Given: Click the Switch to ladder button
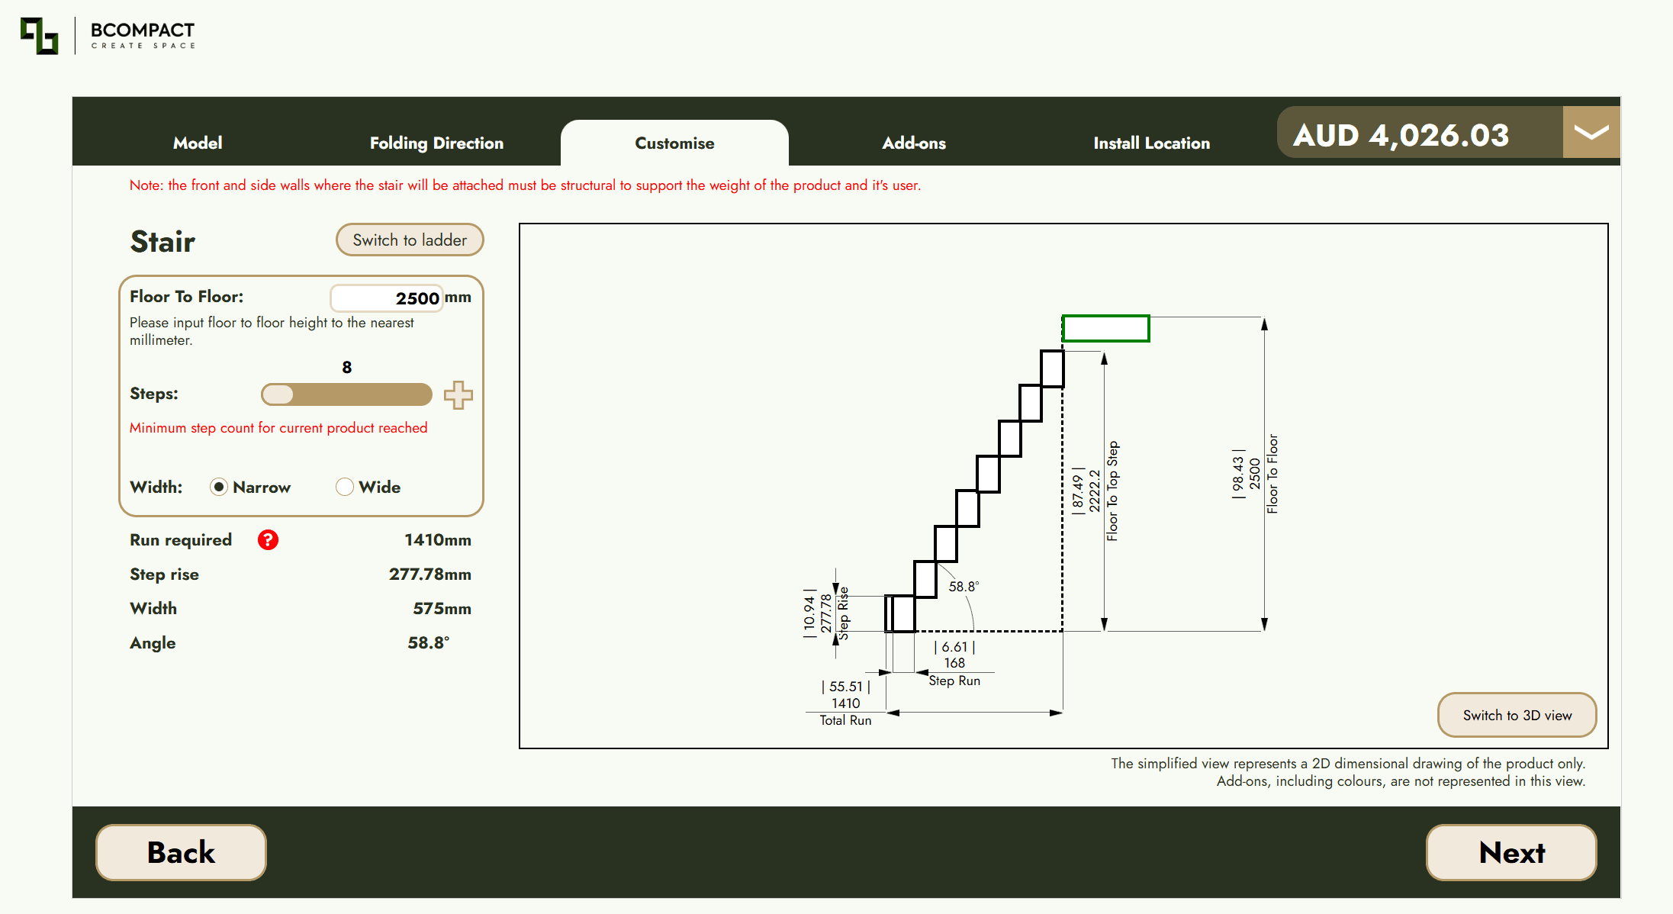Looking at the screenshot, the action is pyautogui.click(x=410, y=240).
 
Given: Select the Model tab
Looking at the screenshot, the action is pyautogui.click(x=198, y=143).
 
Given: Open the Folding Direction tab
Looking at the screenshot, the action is pyautogui.click(x=436, y=143).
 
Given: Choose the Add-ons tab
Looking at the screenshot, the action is pyautogui.click(x=914, y=143).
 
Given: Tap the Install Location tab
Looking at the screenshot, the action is pyautogui.click(x=1151, y=143).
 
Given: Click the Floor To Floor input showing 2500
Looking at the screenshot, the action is pyautogui.click(x=387, y=298).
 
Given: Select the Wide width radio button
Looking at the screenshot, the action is pyautogui.click(x=345, y=487).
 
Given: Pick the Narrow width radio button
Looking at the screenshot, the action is pyautogui.click(x=219, y=487).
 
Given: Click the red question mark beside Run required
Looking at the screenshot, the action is pyautogui.click(x=268, y=540).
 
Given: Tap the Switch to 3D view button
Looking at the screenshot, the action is pyautogui.click(x=1517, y=715).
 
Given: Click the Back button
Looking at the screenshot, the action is pyautogui.click(x=181, y=852).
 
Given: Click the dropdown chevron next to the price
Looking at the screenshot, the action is pyautogui.click(x=1591, y=132).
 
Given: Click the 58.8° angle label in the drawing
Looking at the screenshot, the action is pyautogui.click(x=964, y=586).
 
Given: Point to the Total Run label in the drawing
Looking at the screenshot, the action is pyautogui.click(x=845, y=720).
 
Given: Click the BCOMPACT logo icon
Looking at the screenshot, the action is pyautogui.click(x=39, y=36).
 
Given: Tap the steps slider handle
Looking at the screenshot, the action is pyautogui.click(x=278, y=394).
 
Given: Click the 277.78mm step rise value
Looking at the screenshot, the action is pyautogui.click(x=430, y=574).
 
